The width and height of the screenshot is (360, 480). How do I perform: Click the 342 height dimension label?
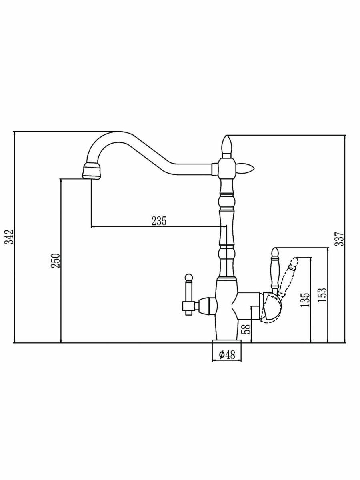[x=11, y=237]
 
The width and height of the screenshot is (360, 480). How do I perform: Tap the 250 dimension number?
[x=57, y=261]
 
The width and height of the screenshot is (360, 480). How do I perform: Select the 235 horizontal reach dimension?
[x=159, y=221]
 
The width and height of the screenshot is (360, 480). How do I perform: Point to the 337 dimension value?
[x=340, y=239]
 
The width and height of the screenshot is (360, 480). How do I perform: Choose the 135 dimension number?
[x=306, y=300]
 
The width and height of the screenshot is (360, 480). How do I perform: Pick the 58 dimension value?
[x=247, y=329]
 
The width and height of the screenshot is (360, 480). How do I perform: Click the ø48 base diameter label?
[x=226, y=354]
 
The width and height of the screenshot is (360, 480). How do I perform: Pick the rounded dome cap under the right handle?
[x=272, y=308]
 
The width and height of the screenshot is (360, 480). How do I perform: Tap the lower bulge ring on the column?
[x=226, y=252]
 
